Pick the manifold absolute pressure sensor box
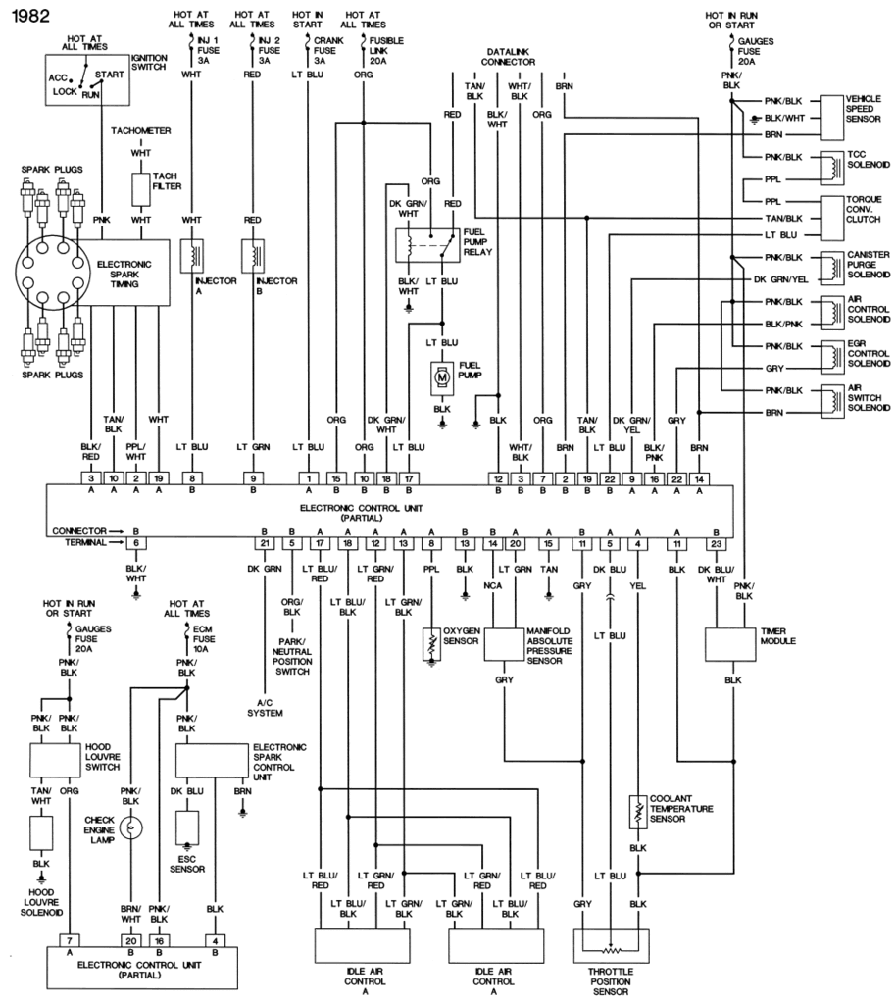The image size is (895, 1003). click(505, 645)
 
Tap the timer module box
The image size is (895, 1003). click(730, 643)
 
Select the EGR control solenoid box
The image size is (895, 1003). click(831, 355)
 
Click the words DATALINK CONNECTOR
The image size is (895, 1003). click(510, 55)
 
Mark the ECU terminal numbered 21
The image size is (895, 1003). click(263, 542)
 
